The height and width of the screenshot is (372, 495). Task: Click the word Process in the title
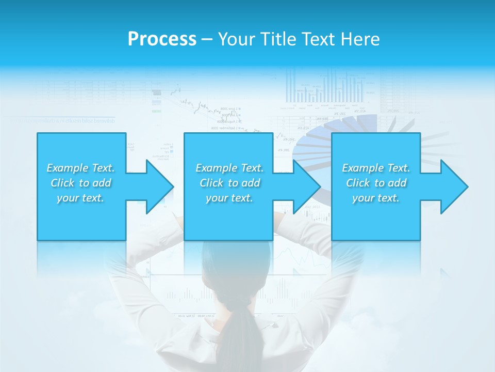click(162, 39)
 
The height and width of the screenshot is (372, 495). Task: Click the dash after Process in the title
click(207, 40)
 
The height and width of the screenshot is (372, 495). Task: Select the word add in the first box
click(101, 183)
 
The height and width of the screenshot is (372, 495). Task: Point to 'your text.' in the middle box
click(229, 198)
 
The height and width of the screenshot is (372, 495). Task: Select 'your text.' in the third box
click(375, 198)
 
